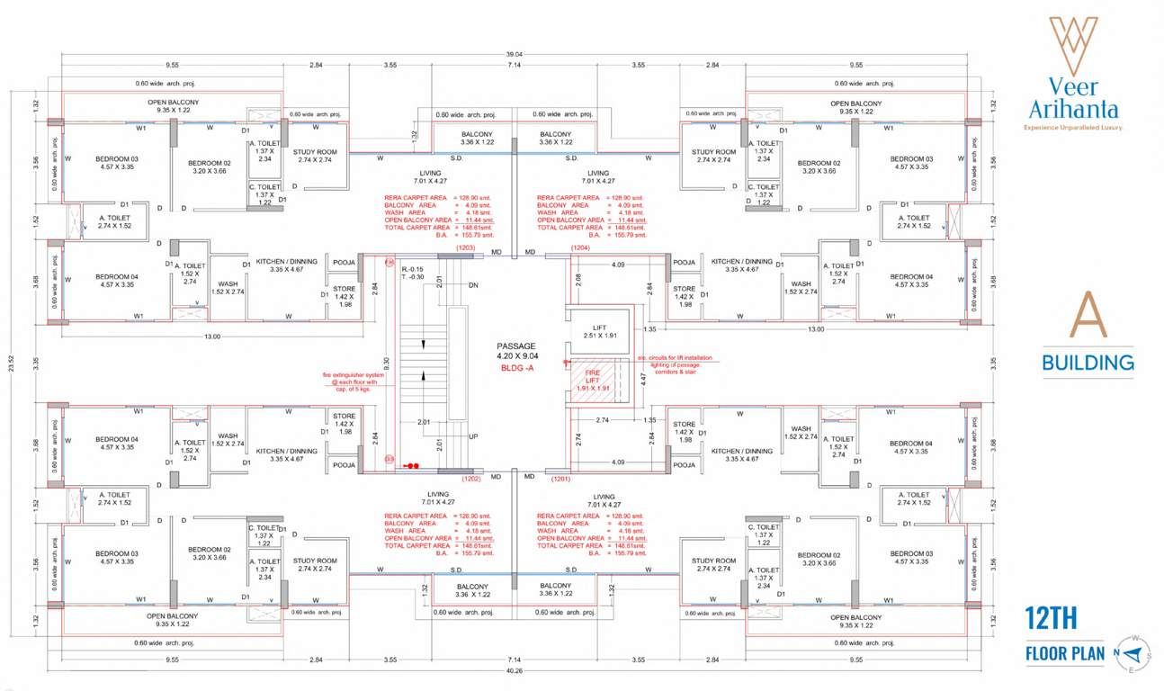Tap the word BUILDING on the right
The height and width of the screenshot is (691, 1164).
pyautogui.click(x=1088, y=363)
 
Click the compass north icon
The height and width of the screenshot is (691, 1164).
pyautogui.click(x=1134, y=652)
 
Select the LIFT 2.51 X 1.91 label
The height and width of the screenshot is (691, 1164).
pyautogui.click(x=600, y=331)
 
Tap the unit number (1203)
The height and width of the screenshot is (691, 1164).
pyautogui.click(x=465, y=247)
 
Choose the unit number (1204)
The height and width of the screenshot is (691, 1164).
pyautogui.click(x=579, y=247)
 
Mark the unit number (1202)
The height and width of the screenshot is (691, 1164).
pyautogui.click(x=471, y=480)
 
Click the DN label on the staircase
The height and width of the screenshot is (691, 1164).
pyautogui.click(x=473, y=285)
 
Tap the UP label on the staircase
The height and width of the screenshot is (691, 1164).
pyautogui.click(x=473, y=436)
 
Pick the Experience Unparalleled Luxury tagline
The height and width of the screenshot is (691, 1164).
pyautogui.click(x=1074, y=128)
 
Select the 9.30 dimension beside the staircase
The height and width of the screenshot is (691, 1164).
pyautogui.click(x=386, y=363)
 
